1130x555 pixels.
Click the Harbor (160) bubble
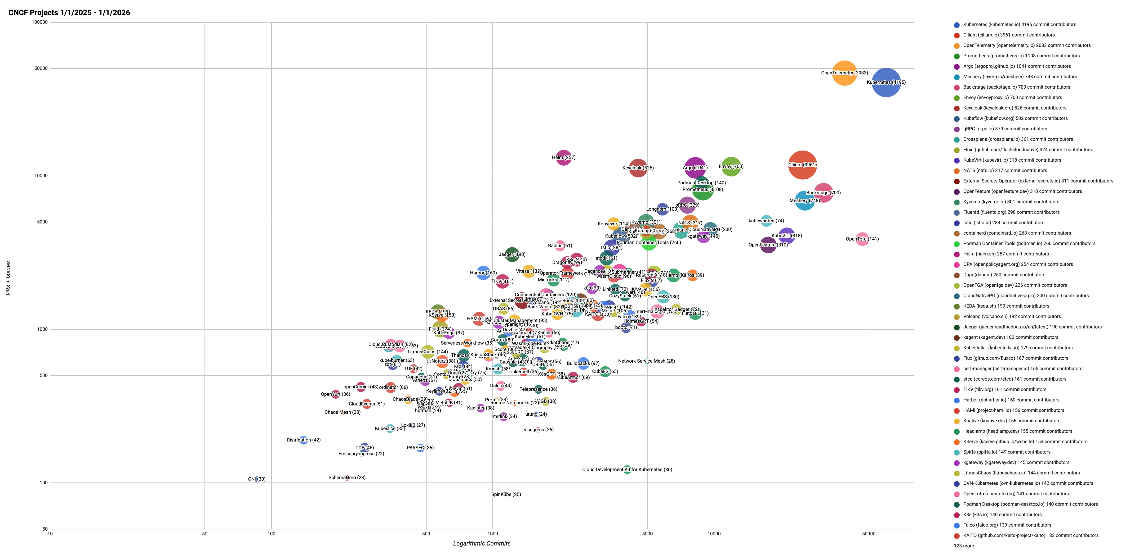[x=483, y=273]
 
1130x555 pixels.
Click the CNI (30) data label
[x=257, y=479]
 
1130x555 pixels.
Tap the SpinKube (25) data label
[x=506, y=494]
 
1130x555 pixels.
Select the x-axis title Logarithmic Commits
[x=482, y=544]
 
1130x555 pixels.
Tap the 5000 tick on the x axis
[x=647, y=534]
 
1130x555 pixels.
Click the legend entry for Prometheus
[x=1021, y=56]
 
